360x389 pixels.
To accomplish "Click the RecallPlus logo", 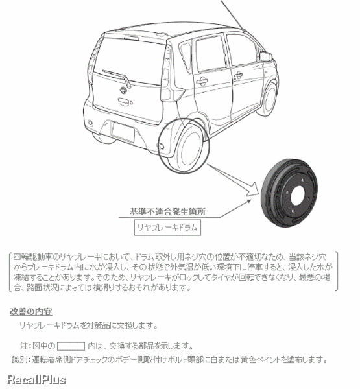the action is [36, 380].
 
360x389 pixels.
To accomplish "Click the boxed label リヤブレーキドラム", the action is [167, 228].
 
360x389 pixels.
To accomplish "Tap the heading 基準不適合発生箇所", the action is [167, 212].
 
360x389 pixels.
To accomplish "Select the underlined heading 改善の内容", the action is [31, 312].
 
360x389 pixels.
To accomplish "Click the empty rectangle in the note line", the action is [71, 346].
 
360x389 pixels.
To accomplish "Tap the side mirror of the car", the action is [265, 56].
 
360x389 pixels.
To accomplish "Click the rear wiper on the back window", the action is [117, 77].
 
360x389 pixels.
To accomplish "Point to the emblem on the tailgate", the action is [123, 90].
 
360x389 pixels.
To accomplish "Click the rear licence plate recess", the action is [123, 132].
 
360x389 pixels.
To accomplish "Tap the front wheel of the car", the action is [269, 99].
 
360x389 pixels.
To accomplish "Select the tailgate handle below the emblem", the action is [124, 101].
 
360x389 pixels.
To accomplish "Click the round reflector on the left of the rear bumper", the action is [90, 123].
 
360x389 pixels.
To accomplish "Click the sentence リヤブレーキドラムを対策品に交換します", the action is [88, 325].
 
